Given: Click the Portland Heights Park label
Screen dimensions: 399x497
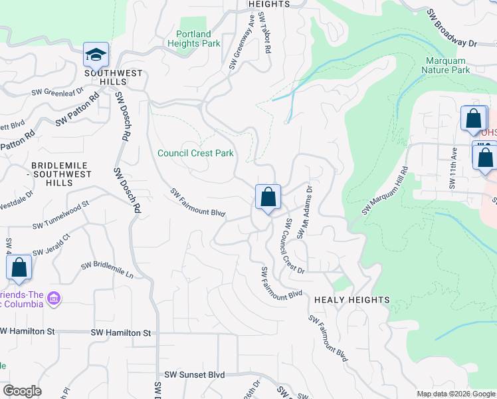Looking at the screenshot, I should (x=198, y=39).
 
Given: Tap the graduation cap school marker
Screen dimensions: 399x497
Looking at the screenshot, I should (x=96, y=55).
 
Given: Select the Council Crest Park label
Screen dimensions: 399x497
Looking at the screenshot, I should (x=195, y=153).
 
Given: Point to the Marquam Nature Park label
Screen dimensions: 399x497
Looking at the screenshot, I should (x=447, y=65).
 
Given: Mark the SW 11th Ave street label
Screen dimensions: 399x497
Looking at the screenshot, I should (x=454, y=168).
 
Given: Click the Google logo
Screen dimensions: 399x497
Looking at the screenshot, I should (x=22, y=391).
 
